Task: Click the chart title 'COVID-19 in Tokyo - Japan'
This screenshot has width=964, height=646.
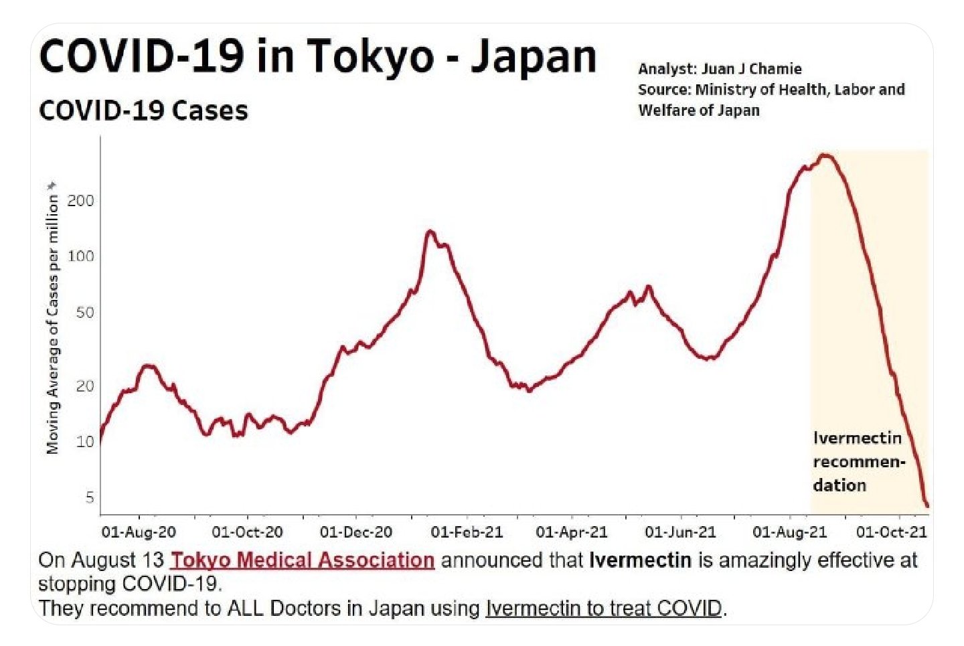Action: (x=317, y=56)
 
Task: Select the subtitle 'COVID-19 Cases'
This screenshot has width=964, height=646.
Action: (x=143, y=110)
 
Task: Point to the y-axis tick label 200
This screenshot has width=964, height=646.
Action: (x=81, y=201)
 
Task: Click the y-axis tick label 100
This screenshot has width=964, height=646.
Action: (x=81, y=256)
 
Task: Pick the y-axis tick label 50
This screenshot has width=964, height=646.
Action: (x=84, y=313)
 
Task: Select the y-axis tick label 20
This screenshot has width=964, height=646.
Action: (x=84, y=386)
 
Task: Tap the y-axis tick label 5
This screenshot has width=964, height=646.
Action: (x=89, y=497)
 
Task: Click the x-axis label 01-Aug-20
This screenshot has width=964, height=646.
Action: (x=139, y=532)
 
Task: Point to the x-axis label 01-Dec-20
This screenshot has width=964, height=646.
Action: (x=355, y=532)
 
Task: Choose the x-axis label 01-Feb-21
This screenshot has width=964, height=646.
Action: (x=467, y=532)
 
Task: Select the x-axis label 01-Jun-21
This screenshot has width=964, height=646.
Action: (x=680, y=532)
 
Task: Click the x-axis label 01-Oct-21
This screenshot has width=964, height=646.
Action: (x=892, y=532)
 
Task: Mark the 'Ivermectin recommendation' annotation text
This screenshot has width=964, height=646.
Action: (x=858, y=461)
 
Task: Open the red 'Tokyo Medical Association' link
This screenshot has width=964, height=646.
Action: (x=303, y=560)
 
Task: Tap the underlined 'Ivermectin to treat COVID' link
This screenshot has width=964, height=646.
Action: (x=604, y=608)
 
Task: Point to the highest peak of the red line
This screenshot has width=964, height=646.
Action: (x=825, y=156)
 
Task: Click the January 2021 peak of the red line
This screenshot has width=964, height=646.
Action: (x=430, y=232)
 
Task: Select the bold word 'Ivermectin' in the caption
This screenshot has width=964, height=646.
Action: (x=640, y=560)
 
